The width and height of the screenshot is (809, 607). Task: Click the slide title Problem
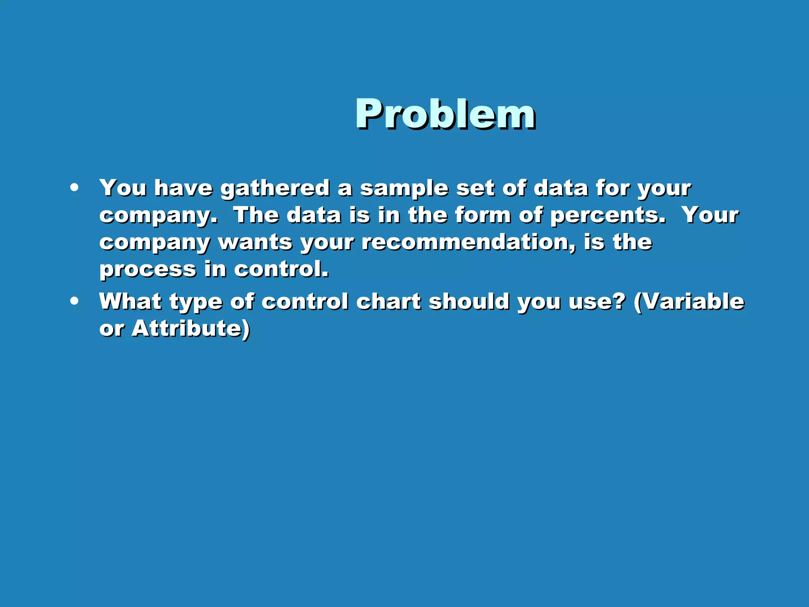pyautogui.click(x=445, y=114)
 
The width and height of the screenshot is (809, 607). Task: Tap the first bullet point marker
pyautogui.click(x=74, y=188)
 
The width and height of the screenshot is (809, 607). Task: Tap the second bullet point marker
pyautogui.click(x=74, y=301)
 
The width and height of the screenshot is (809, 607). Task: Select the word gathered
pyautogui.click(x=275, y=188)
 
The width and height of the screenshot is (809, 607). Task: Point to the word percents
pyautogui.click(x=608, y=216)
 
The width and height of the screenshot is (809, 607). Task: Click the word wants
pyautogui.click(x=255, y=243)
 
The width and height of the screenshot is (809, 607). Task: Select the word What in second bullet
pyautogui.click(x=130, y=301)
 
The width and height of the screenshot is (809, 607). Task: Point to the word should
pyautogui.click(x=469, y=301)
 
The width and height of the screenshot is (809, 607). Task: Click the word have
pyautogui.click(x=183, y=188)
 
